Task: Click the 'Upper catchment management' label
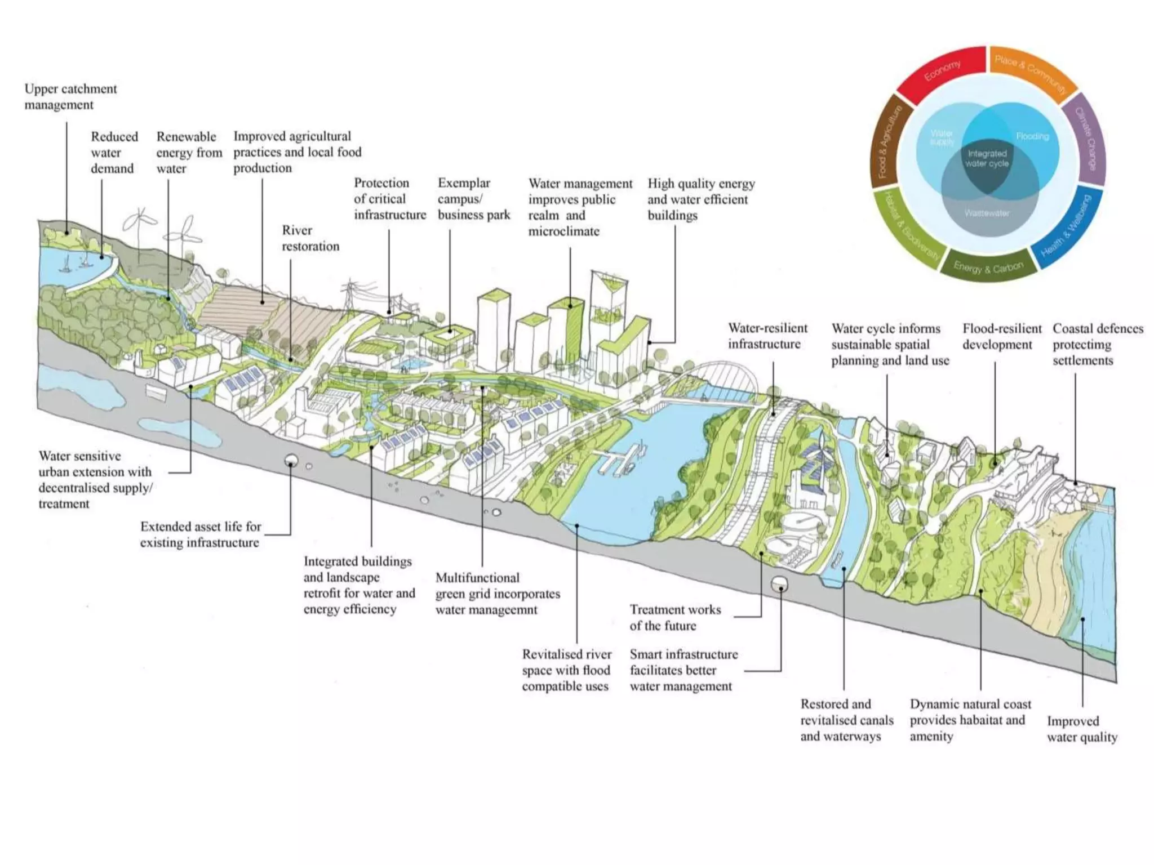pyautogui.click(x=70, y=96)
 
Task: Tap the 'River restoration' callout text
pyautogui.click(x=310, y=238)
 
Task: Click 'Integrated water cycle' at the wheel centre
pyautogui.click(x=987, y=158)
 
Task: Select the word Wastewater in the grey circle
pyautogui.click(x=987, y=213)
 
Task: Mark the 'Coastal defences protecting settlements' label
pyautogui.click(x=1098, y=344)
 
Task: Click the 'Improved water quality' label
pyautogui.click(x=1082, y=729)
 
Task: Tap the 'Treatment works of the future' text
pyautogui.click(x=675, y=617)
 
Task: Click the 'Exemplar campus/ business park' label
pyautogui.click(x=473, y=199)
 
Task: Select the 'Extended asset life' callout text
pyautogui.click(x=200, y=534)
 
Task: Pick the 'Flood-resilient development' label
pyautogui.click(x=1001, y=336)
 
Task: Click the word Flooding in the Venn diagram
pyautogui.click(x=1032, y=136)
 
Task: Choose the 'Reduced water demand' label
pyautogui.click(x=114, y=153)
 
